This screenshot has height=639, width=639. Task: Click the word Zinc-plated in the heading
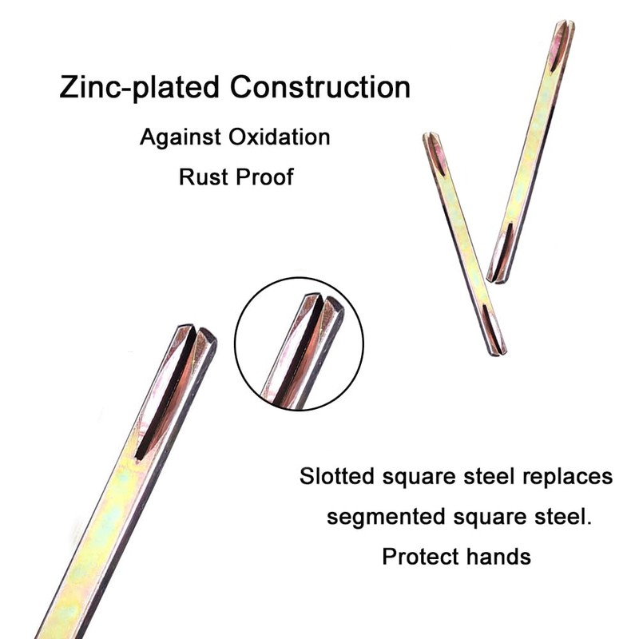pyautogui.click(x=139, y=87)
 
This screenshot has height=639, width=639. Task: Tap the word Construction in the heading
pyautogui.click(x=320, y=86)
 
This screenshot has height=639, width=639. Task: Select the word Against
pyautogui.click(x=181, y=137)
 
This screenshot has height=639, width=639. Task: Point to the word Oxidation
pyautogui.click(x=279, y=137)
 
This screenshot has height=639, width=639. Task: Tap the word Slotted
pyautogui.click(x=336, y=475)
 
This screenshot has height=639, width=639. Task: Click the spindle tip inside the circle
pyautogui.click(x=323, y=304)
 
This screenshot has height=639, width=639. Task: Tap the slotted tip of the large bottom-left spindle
pyautogui.click(x=196, y=335)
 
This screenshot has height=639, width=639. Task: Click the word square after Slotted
pyautogui.click(x=419, y=477)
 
